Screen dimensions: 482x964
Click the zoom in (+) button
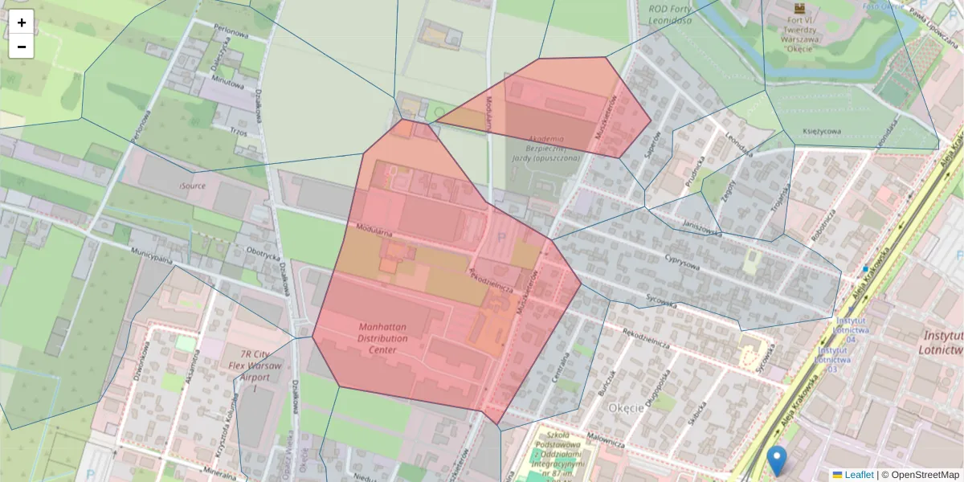(x=22, y=22)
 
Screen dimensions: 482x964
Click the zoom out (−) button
(x=22, y=47)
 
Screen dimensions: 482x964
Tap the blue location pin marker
(x=776, y=460)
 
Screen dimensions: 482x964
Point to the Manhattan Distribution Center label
(x=383, y=338)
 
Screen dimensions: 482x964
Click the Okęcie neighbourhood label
(x=626, y=407)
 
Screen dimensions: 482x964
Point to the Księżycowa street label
(x=822, y=131)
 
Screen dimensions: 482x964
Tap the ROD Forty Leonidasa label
(x=670, y=14)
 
